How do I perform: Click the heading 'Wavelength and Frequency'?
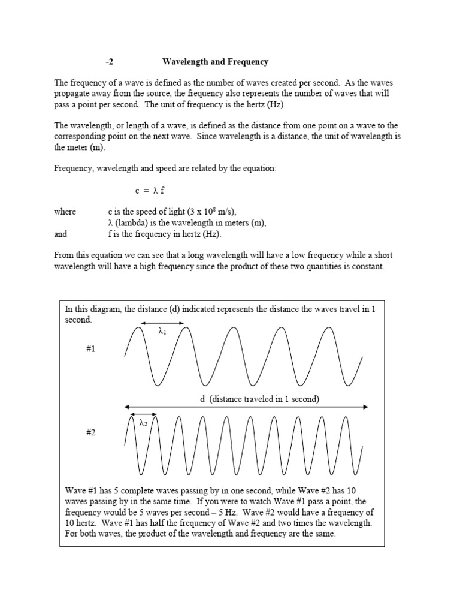coord(215,62)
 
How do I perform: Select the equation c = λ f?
coord(149,191)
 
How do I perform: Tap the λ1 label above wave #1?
coord(162,330)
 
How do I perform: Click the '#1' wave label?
coord(90,348)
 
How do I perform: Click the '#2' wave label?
coord(90,432)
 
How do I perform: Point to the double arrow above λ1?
coord(162,323)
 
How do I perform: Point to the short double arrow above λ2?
coord(143,414)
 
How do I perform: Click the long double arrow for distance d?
coord(246,407)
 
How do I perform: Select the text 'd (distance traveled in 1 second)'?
coord(259,399)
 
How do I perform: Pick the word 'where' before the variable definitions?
coord(65,212)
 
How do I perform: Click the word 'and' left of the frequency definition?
coord(60,234)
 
